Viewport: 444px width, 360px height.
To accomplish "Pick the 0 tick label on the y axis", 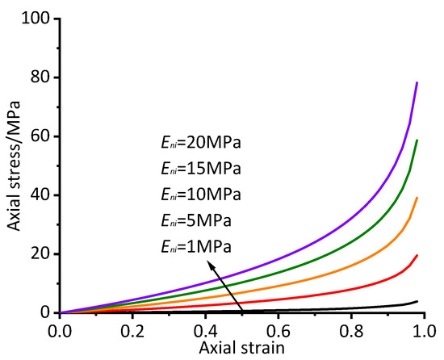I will click(x=45, y=313).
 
